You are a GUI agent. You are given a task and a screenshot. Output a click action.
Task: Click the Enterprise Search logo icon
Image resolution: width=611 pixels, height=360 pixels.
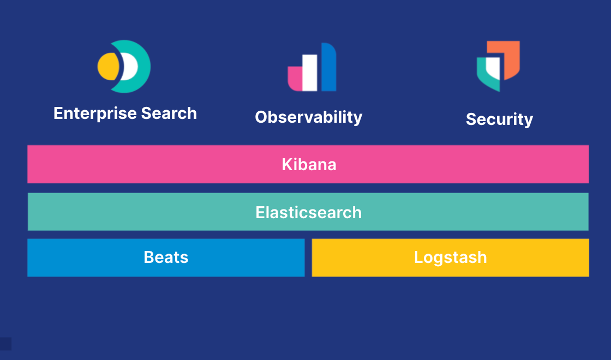[x=124, y=67]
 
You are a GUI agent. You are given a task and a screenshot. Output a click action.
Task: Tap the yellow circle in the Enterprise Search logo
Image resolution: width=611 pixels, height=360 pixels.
[x=107, y=67]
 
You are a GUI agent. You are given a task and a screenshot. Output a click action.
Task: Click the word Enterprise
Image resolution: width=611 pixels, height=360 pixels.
[x=95, y=114]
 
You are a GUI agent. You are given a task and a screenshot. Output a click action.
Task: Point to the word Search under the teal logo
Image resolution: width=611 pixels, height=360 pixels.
[x=169, y=113]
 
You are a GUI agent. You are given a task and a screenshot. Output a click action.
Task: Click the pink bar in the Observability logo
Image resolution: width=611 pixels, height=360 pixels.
[x=295, y=79]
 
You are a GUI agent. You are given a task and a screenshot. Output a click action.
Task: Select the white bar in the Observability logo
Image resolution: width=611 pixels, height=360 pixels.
[x=310, y=73]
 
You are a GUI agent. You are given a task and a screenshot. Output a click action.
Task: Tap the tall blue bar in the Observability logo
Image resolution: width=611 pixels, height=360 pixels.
[x=329, y=67]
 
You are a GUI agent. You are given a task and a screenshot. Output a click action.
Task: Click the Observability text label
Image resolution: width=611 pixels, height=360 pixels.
[x=309, y=117]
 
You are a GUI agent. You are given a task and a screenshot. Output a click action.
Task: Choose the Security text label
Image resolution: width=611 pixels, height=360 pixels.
[x=499, y=119]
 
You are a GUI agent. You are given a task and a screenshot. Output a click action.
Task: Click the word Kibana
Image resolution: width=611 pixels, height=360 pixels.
[x=309, y=164]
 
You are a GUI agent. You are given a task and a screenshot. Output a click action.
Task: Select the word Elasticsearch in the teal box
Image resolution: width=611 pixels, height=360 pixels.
[x=309, y=212]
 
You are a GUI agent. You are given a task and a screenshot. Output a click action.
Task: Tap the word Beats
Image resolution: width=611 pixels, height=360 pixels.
[x=166, y=257]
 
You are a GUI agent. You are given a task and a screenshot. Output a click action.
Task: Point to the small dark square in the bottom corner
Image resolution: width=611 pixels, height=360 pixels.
[x=5, y=344]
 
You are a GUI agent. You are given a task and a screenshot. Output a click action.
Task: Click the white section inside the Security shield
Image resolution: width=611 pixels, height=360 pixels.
[x=493, y=68]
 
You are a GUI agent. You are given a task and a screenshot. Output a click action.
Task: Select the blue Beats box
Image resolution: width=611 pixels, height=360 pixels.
[x=166, y=257]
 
